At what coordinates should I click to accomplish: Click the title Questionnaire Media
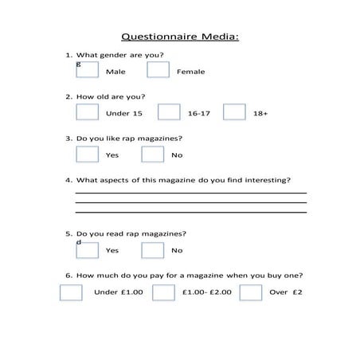pos(179,37)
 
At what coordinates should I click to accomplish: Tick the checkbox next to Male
pos(87,70)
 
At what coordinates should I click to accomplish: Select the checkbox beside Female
pos(158,70)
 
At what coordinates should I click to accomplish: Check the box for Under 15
pos(87,112)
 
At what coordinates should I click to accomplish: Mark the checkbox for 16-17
pos(169,112)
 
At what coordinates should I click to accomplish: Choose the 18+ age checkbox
pos(234,112)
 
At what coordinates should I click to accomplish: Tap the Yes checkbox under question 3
pos(87,154)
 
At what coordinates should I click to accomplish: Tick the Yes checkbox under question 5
pos(87,249)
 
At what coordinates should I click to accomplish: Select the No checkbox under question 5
pos(152,249)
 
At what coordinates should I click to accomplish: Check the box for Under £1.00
pos(71,292)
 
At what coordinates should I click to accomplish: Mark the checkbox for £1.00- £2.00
pos(163,292)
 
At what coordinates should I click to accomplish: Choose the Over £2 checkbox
pos(251,292)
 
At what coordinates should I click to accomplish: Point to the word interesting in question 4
pos(268,179)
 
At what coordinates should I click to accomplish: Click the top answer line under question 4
pos(190,193)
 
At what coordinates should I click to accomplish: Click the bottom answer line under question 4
pos(190,213)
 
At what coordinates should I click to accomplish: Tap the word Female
pos(190,72)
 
